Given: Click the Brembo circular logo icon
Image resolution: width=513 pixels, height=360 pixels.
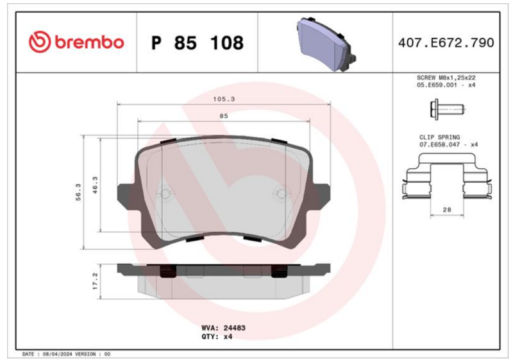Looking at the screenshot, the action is (x=40, y=42).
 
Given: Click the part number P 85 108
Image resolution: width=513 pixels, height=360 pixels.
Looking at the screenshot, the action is (x=198, y=43).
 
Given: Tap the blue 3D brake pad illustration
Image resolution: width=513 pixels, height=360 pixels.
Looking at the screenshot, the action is (x=326, y=44).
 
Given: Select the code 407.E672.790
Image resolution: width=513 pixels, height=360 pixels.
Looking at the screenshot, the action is (x=446, y=43).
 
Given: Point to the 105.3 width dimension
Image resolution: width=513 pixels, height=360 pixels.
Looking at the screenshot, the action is (x=224, y=99).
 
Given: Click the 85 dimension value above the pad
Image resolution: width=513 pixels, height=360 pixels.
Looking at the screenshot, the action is (x=224, y=116).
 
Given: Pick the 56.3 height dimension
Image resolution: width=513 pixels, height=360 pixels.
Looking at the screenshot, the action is (x=78, y=192).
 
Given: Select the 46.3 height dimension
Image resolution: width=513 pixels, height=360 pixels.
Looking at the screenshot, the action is (x=95, y=185).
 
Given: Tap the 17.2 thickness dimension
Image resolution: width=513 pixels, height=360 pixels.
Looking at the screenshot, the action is (x=95, y=281).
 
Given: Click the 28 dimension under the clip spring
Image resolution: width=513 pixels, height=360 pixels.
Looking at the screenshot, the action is (x=447, y=210).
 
